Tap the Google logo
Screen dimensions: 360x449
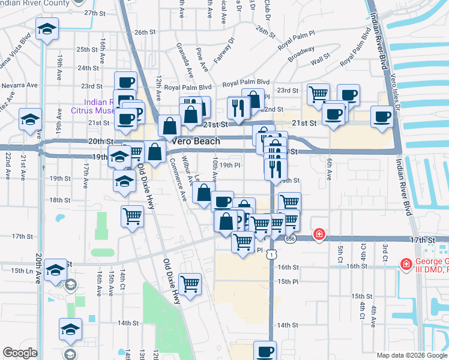pyautogui.click(x=20, y=353)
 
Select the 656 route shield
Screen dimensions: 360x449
pyautogui.click(x=291, y=239)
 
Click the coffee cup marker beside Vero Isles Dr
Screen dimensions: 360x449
pyautogui.click(x=382, y=115)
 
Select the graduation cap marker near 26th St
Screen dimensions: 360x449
pyautogui.click(x=46, y=29)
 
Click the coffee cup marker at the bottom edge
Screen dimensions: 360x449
pyautogui.click(x=264, y=350)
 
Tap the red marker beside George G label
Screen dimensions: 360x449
pyautogui.click(x=406, y=263)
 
